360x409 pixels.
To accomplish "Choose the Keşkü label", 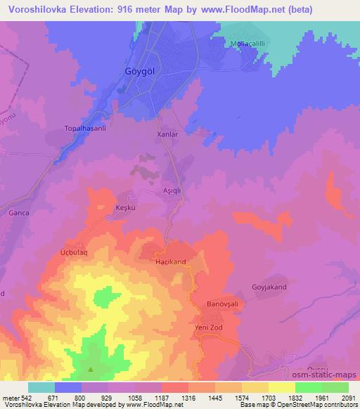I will (x=124, y=208).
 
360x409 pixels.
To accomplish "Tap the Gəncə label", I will (x=17, y=212).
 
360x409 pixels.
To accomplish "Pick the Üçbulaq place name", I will (x=73, y=250).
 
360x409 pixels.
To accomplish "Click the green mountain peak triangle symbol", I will (x=90, y=369).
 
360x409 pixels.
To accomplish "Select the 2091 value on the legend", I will (x=348, y=398).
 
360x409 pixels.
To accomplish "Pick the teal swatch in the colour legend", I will (x=41, y=387).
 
